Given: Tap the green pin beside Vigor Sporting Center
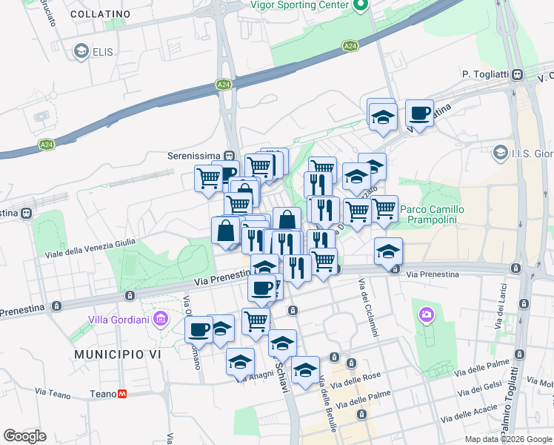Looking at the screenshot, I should pyautogui.click(x=360, y=6).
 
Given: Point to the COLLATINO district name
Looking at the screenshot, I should pyautogui.click(x=101, y=14).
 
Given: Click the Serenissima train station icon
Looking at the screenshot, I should pyautogui.click(x=230, y=156).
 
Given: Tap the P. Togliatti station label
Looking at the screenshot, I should pyautogui.click(x=486, y=74).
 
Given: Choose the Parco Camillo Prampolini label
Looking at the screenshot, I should pyautogui.click(x=432, y=214).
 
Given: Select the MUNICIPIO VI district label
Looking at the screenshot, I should pyautogui.click(x=117, y=355).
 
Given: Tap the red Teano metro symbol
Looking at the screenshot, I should pyautogui.click(x=122, y=394).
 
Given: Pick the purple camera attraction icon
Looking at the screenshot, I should pyautogui.click(x=426, y=315).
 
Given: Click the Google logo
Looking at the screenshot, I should pyautogui.click(x=24, y=436).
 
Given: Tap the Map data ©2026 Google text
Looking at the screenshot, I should pyautogui.click(x=508, y=439).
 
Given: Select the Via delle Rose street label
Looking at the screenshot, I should pyautogui.click(x=356, y=380).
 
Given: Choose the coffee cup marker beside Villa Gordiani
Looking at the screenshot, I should pyautogui.click(x=198, y=329).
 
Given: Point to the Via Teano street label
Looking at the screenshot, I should pyautogui.click(x=50, y=392).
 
